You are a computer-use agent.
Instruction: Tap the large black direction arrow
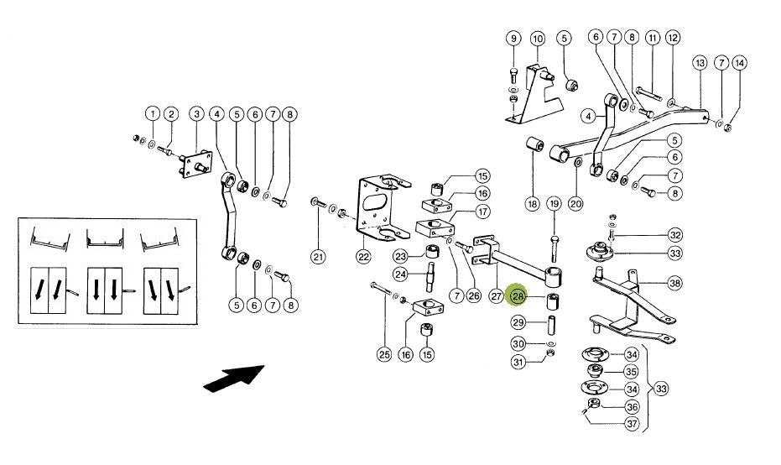[x=233, y=379]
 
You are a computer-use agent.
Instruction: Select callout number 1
[x=153, y=114]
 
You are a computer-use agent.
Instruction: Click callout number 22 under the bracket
[x=363, y=257]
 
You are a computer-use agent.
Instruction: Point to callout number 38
[x=675, y=284]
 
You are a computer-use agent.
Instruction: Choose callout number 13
[x=700, y=63]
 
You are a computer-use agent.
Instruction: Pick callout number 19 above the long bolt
[x=554, y=204]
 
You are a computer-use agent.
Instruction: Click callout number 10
[x=538, y=39]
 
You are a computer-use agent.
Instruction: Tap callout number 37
[x=632, y=424]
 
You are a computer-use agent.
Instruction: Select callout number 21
[x=318, y=257]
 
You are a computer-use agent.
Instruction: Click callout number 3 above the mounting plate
[x=197, y=114]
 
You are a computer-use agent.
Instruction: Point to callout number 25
[x=384, y=355]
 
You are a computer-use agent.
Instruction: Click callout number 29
[x=518, y=322]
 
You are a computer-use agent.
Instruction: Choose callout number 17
[x=482, y=212]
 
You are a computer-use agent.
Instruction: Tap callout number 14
[x=740, y=63]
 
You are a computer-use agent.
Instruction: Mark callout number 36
[x=632, y=407]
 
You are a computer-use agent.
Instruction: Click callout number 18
[x=533, y=204]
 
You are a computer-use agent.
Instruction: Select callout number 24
[x=400, y=274]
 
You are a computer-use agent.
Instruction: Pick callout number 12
[x=673, y=38]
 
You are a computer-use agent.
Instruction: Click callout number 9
[x=513, y=39]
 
